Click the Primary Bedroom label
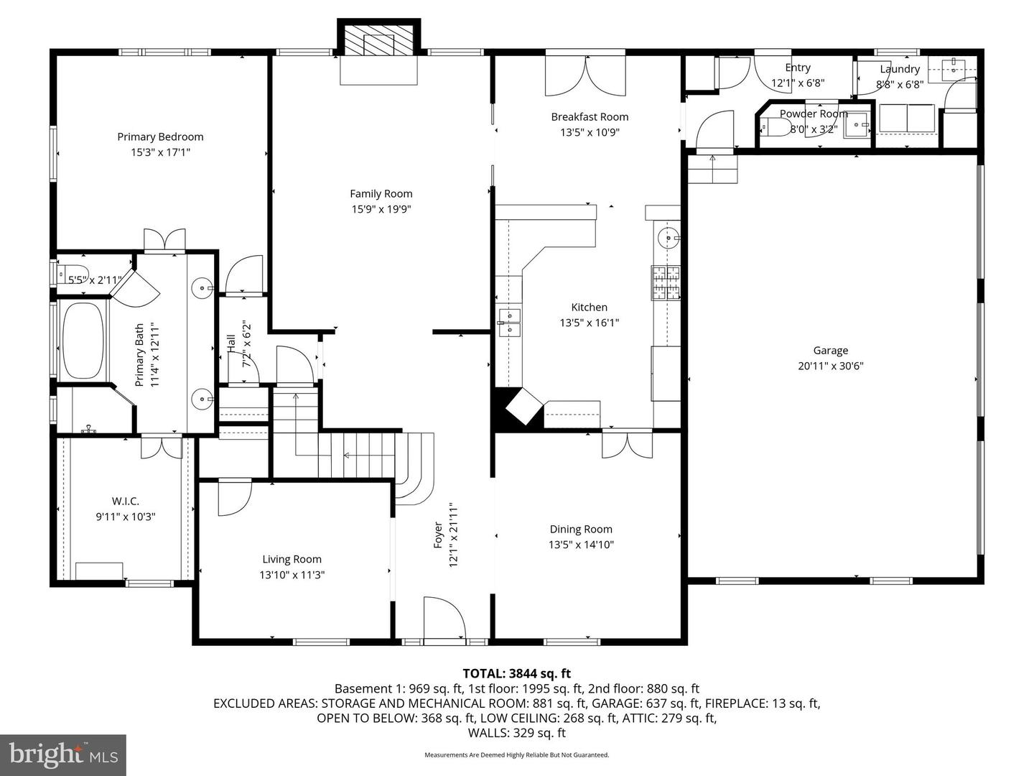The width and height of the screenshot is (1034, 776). [160, 137]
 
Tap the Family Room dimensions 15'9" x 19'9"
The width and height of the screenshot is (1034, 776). [381, 209]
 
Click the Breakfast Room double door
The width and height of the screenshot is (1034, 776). [585, 74]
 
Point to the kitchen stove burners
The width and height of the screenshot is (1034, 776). [665, 282]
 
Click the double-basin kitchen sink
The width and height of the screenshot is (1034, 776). [509, 323]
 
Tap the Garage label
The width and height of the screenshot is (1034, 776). [830, 351]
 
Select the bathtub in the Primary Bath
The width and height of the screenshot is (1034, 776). [82, 341]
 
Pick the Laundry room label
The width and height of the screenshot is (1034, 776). [900, 69]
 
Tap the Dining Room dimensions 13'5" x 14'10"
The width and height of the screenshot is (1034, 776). [581, 545]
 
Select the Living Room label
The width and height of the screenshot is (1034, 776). [292, 559]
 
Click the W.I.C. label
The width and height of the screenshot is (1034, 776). [125, 501]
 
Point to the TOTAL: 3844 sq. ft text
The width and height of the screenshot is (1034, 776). [516, 673]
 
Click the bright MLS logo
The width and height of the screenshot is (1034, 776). [63, 754]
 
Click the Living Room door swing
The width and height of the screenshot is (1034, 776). [233, 498]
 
